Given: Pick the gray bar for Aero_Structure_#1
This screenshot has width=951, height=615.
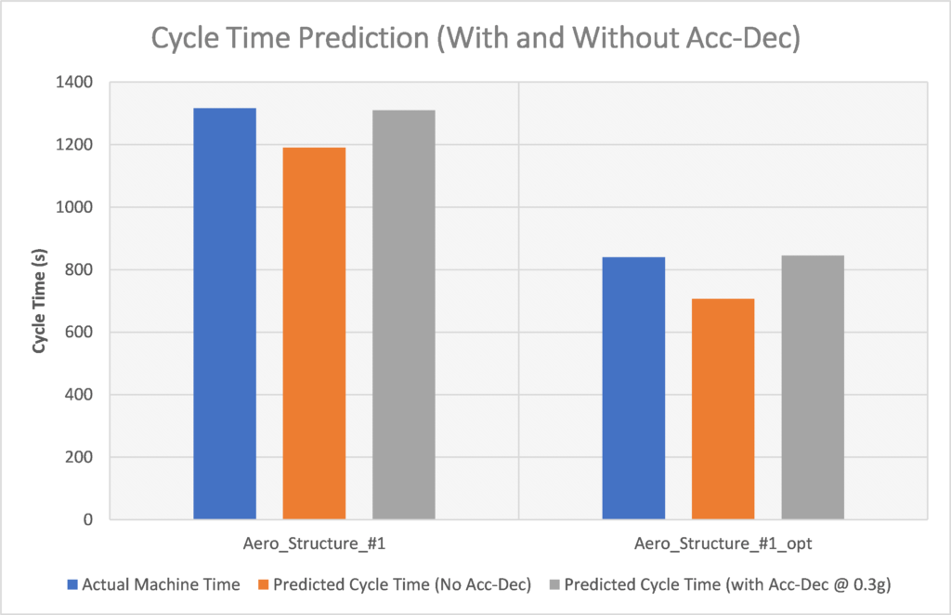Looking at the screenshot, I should (404, 315).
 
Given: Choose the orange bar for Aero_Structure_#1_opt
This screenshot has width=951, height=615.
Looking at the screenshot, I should (723, 409).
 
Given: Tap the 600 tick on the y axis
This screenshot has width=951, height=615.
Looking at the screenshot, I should (81, 333).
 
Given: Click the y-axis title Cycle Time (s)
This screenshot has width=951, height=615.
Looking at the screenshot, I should (40, 299).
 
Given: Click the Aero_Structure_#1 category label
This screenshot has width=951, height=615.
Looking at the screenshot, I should (314, 542).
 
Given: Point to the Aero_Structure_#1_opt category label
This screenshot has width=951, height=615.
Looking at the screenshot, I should (723, 542).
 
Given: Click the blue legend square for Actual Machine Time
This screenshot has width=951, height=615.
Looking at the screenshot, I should (72, 585).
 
